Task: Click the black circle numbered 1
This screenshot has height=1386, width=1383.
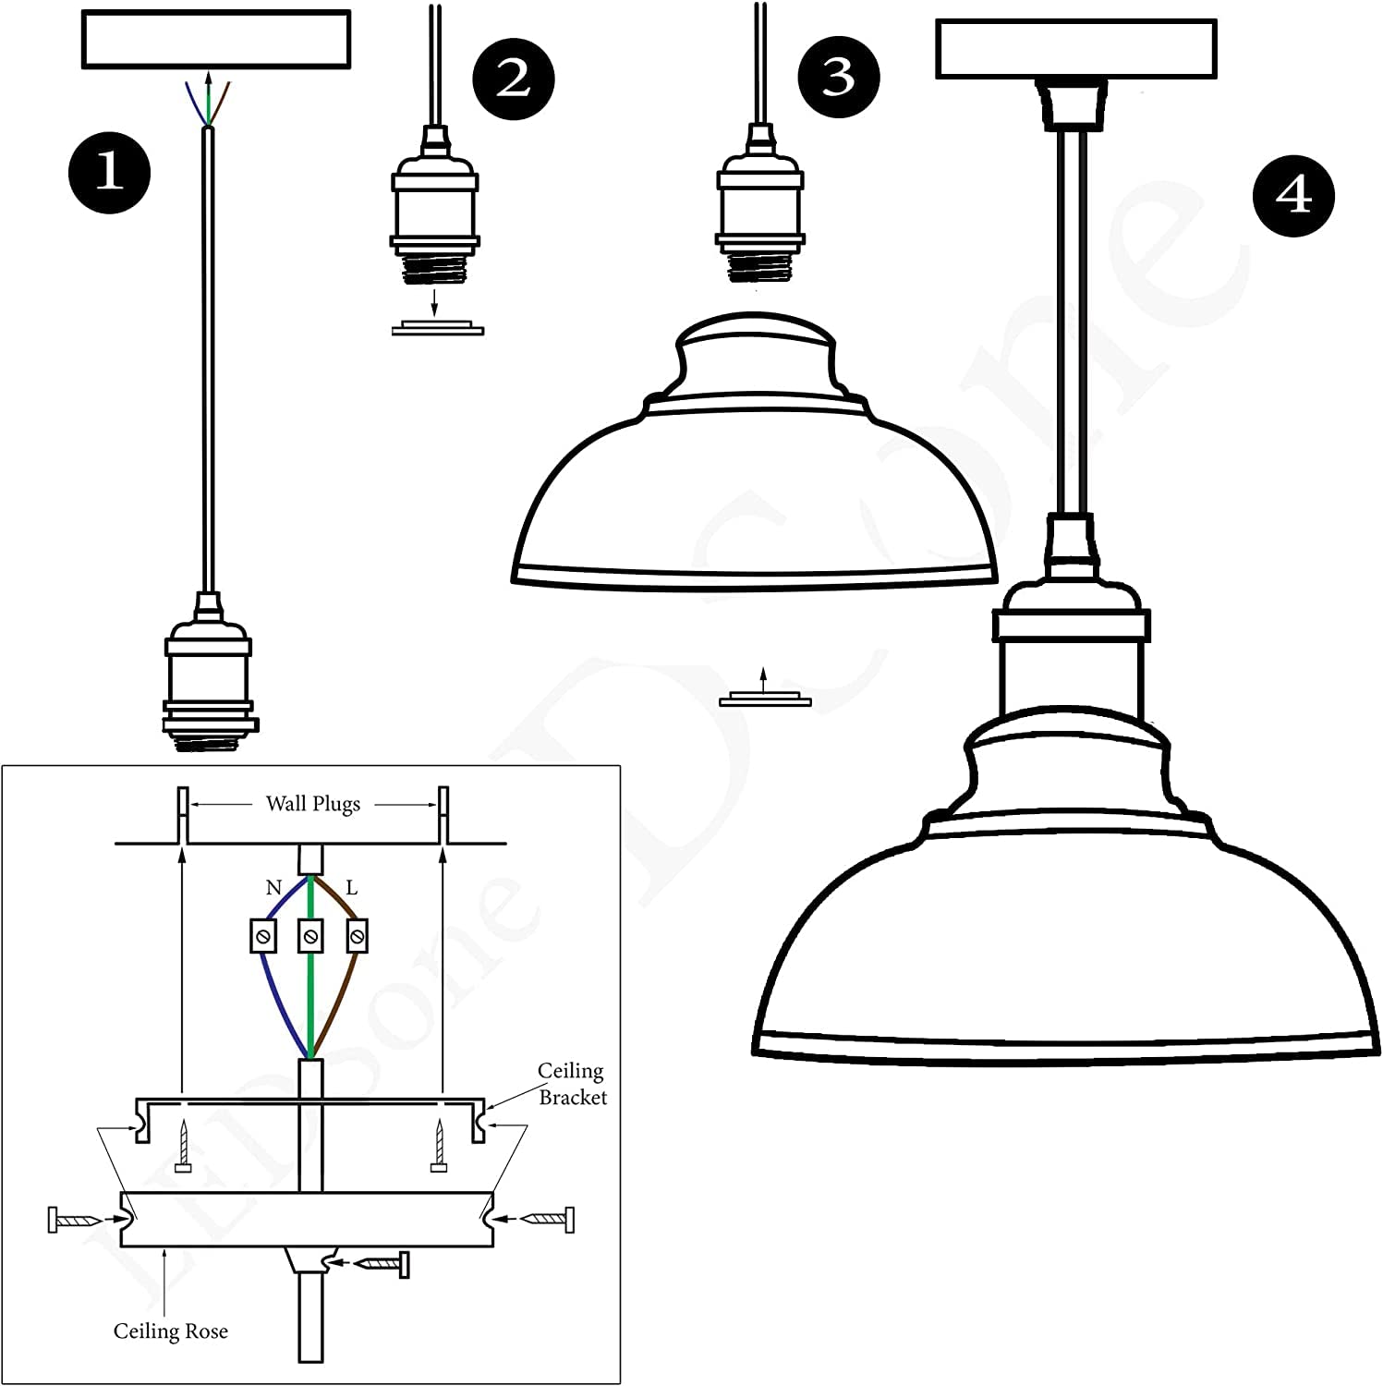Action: click(109, 173)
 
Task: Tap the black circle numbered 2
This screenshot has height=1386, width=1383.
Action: click(514, 79)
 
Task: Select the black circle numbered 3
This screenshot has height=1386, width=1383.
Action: click(838, 77)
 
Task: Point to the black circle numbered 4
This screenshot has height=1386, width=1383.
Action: click(1292, 195)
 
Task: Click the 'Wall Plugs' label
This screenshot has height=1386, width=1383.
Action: click(313, 804)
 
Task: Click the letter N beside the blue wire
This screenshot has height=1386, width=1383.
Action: click(273, 888)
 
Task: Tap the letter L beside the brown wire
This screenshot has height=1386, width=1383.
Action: click(351, 888)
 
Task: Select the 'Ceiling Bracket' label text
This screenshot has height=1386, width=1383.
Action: click(572, 1084)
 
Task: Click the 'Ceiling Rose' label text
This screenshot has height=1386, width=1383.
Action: click(170, 1331)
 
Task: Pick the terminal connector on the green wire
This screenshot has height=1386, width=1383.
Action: click(311, 937)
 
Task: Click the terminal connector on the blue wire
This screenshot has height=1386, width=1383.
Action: click(262, 937)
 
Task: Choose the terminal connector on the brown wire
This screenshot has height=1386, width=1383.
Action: click(357, 937)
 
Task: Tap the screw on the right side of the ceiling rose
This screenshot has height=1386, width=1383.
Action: click(544, 1220)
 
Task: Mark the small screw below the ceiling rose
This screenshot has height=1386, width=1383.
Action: click(380, 1262)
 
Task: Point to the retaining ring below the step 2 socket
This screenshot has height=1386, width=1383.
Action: click(437, 328)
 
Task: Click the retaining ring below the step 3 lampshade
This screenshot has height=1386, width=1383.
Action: click(765, 700)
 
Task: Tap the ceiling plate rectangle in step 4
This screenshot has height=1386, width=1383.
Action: click(1075, 49)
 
